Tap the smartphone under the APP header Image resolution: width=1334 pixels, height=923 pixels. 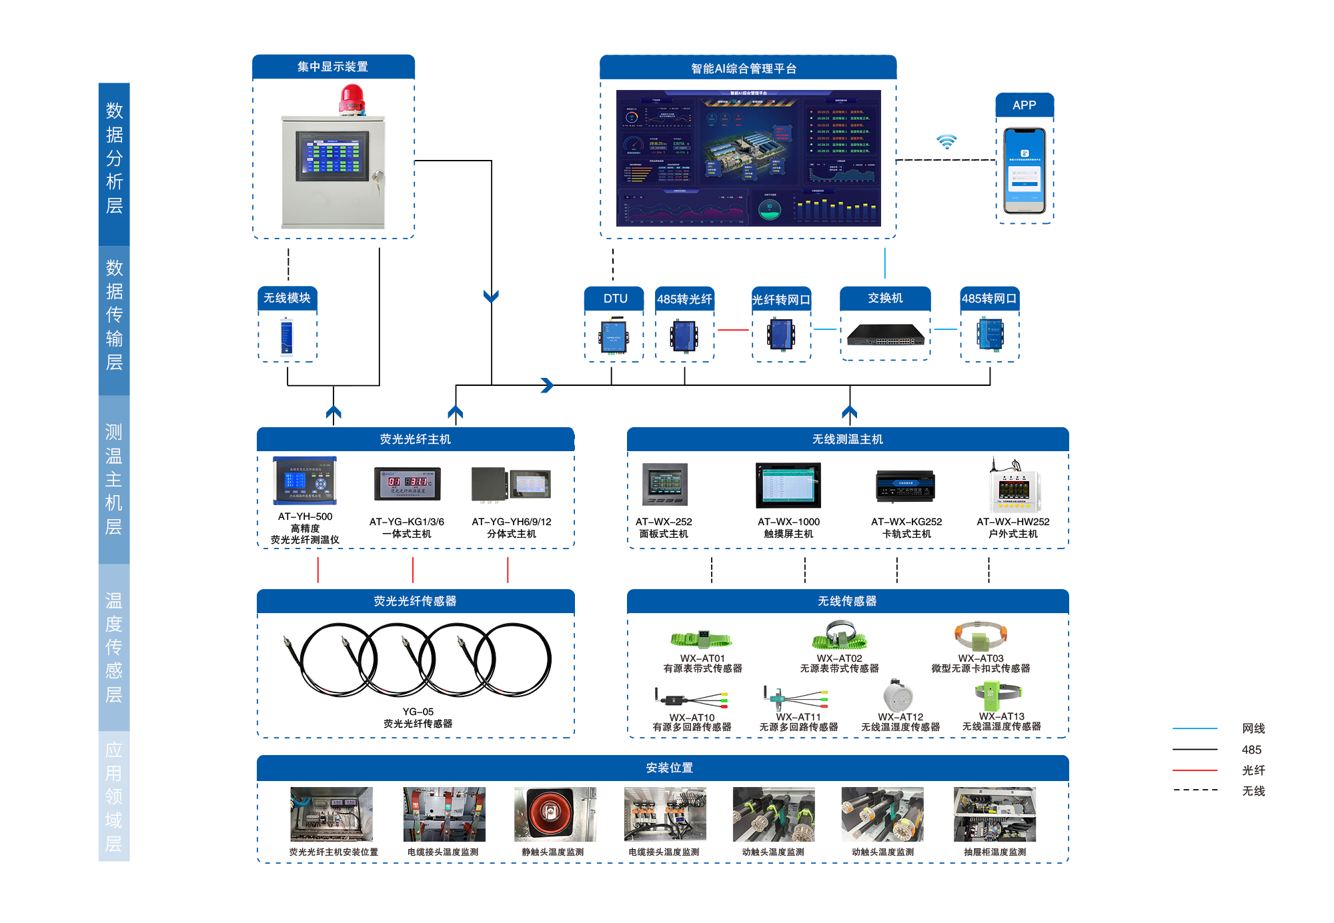(x=1025, y=170)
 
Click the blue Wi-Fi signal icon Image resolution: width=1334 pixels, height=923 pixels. (x=946, y=141)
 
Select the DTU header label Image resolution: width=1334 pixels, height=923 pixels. (x=615, y=299)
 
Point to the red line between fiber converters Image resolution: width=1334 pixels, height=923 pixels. (x=733, y=330)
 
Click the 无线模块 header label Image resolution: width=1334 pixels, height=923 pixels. (x=287, y=298)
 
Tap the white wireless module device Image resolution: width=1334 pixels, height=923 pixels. (x=287, y=337)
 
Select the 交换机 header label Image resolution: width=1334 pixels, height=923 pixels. (x=885, y=298)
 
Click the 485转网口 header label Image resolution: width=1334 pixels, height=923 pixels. (x=989, y=299)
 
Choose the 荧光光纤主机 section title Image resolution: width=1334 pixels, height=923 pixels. (x=415, y=439)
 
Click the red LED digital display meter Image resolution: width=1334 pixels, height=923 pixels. (x=408, y=483)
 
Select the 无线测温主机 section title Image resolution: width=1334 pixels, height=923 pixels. (x=847, y=439)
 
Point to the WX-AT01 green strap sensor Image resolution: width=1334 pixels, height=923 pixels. (x=701, y=640)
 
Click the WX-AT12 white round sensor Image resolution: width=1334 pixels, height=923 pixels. (x=898, y=696)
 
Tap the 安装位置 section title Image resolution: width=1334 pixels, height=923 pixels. (x=669, y=768)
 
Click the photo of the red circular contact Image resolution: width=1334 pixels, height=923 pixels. (x=555, y=814)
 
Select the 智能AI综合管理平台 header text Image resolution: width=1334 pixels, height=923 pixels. (x=744, y=69)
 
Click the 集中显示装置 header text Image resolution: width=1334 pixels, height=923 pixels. (x=333, y=67)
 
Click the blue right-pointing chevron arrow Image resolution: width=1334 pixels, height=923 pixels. (x=547, y=385)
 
